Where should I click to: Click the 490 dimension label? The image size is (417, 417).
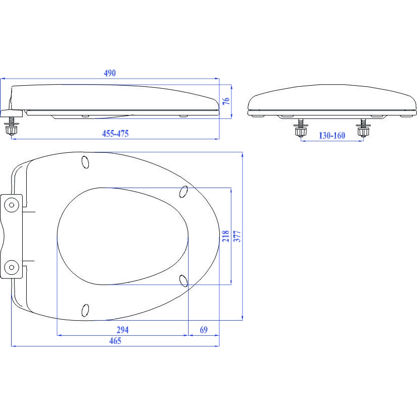(x=110, y=73)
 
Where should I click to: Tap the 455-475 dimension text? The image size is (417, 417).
(x=115, y=134)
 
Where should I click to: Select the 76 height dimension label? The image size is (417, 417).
(x=226, y=101)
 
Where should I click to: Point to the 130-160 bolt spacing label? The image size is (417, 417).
(x=332, y=136)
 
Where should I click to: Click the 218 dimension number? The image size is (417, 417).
(x=226, y=236)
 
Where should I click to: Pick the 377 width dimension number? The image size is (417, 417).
(x=237, y=236)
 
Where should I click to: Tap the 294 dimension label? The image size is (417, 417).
(x=123, y=330)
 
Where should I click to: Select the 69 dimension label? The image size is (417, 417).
(x=204, y=330)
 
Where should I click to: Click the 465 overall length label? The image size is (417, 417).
(x=115, y=341)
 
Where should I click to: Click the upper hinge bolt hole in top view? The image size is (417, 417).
(x=12, y=205)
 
